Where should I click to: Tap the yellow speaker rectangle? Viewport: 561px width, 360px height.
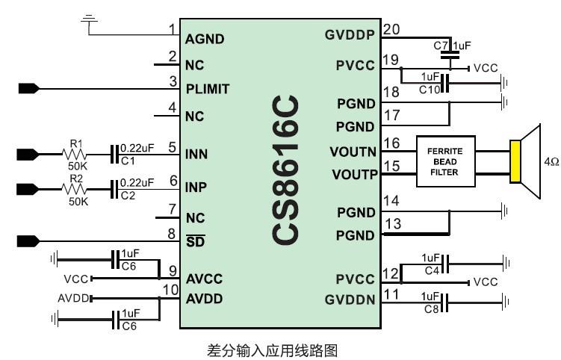click(x=515, y=161)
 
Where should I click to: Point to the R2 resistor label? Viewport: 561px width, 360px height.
click(x=76, y=179)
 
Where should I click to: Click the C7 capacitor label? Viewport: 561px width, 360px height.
click(x=440, y=46)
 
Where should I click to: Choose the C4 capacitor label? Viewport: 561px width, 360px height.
click(x=430, y=270)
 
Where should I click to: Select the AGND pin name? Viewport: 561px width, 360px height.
click(x=205, y=39)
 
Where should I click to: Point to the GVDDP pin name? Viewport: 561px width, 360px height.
click(x=350, y=35)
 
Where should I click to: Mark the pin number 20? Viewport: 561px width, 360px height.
click(x=391, y=29)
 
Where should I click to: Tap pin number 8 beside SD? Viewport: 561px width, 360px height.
click(x=172, y=235)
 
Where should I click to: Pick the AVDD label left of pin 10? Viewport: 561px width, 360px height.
click(x=72, y=299)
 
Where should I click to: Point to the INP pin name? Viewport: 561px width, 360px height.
click(x=196, y=186)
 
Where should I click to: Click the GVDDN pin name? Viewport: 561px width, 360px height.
click(x=350, y=300)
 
